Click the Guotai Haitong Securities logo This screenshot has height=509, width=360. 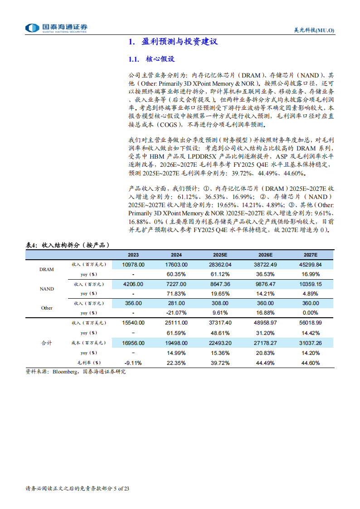(x=56, y=28)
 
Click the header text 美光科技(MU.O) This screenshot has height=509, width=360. (x=311, y=30)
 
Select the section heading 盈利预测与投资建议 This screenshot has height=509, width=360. (x=173, y=42)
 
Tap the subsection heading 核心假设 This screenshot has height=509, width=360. (x=160, y=59)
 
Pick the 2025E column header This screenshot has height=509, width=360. (x=222, y=255)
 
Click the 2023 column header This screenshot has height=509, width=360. (x=133, y=255)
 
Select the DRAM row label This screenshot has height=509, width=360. (x=46, y=269)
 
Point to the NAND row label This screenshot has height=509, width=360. (x=46, y=289)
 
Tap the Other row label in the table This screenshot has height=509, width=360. (x=46, y=308)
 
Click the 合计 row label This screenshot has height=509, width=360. (x=46, y=343)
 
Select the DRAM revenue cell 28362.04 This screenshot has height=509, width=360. (x=222, y=265)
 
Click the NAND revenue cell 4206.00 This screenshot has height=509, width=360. (x=133, y=284)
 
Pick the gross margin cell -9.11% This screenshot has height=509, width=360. (x=133, y=363)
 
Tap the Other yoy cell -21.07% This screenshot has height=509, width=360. (x=177, y=313)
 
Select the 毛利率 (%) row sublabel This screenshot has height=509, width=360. (x=89, y=363)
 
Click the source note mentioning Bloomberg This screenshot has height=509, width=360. (x=76, y=372)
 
